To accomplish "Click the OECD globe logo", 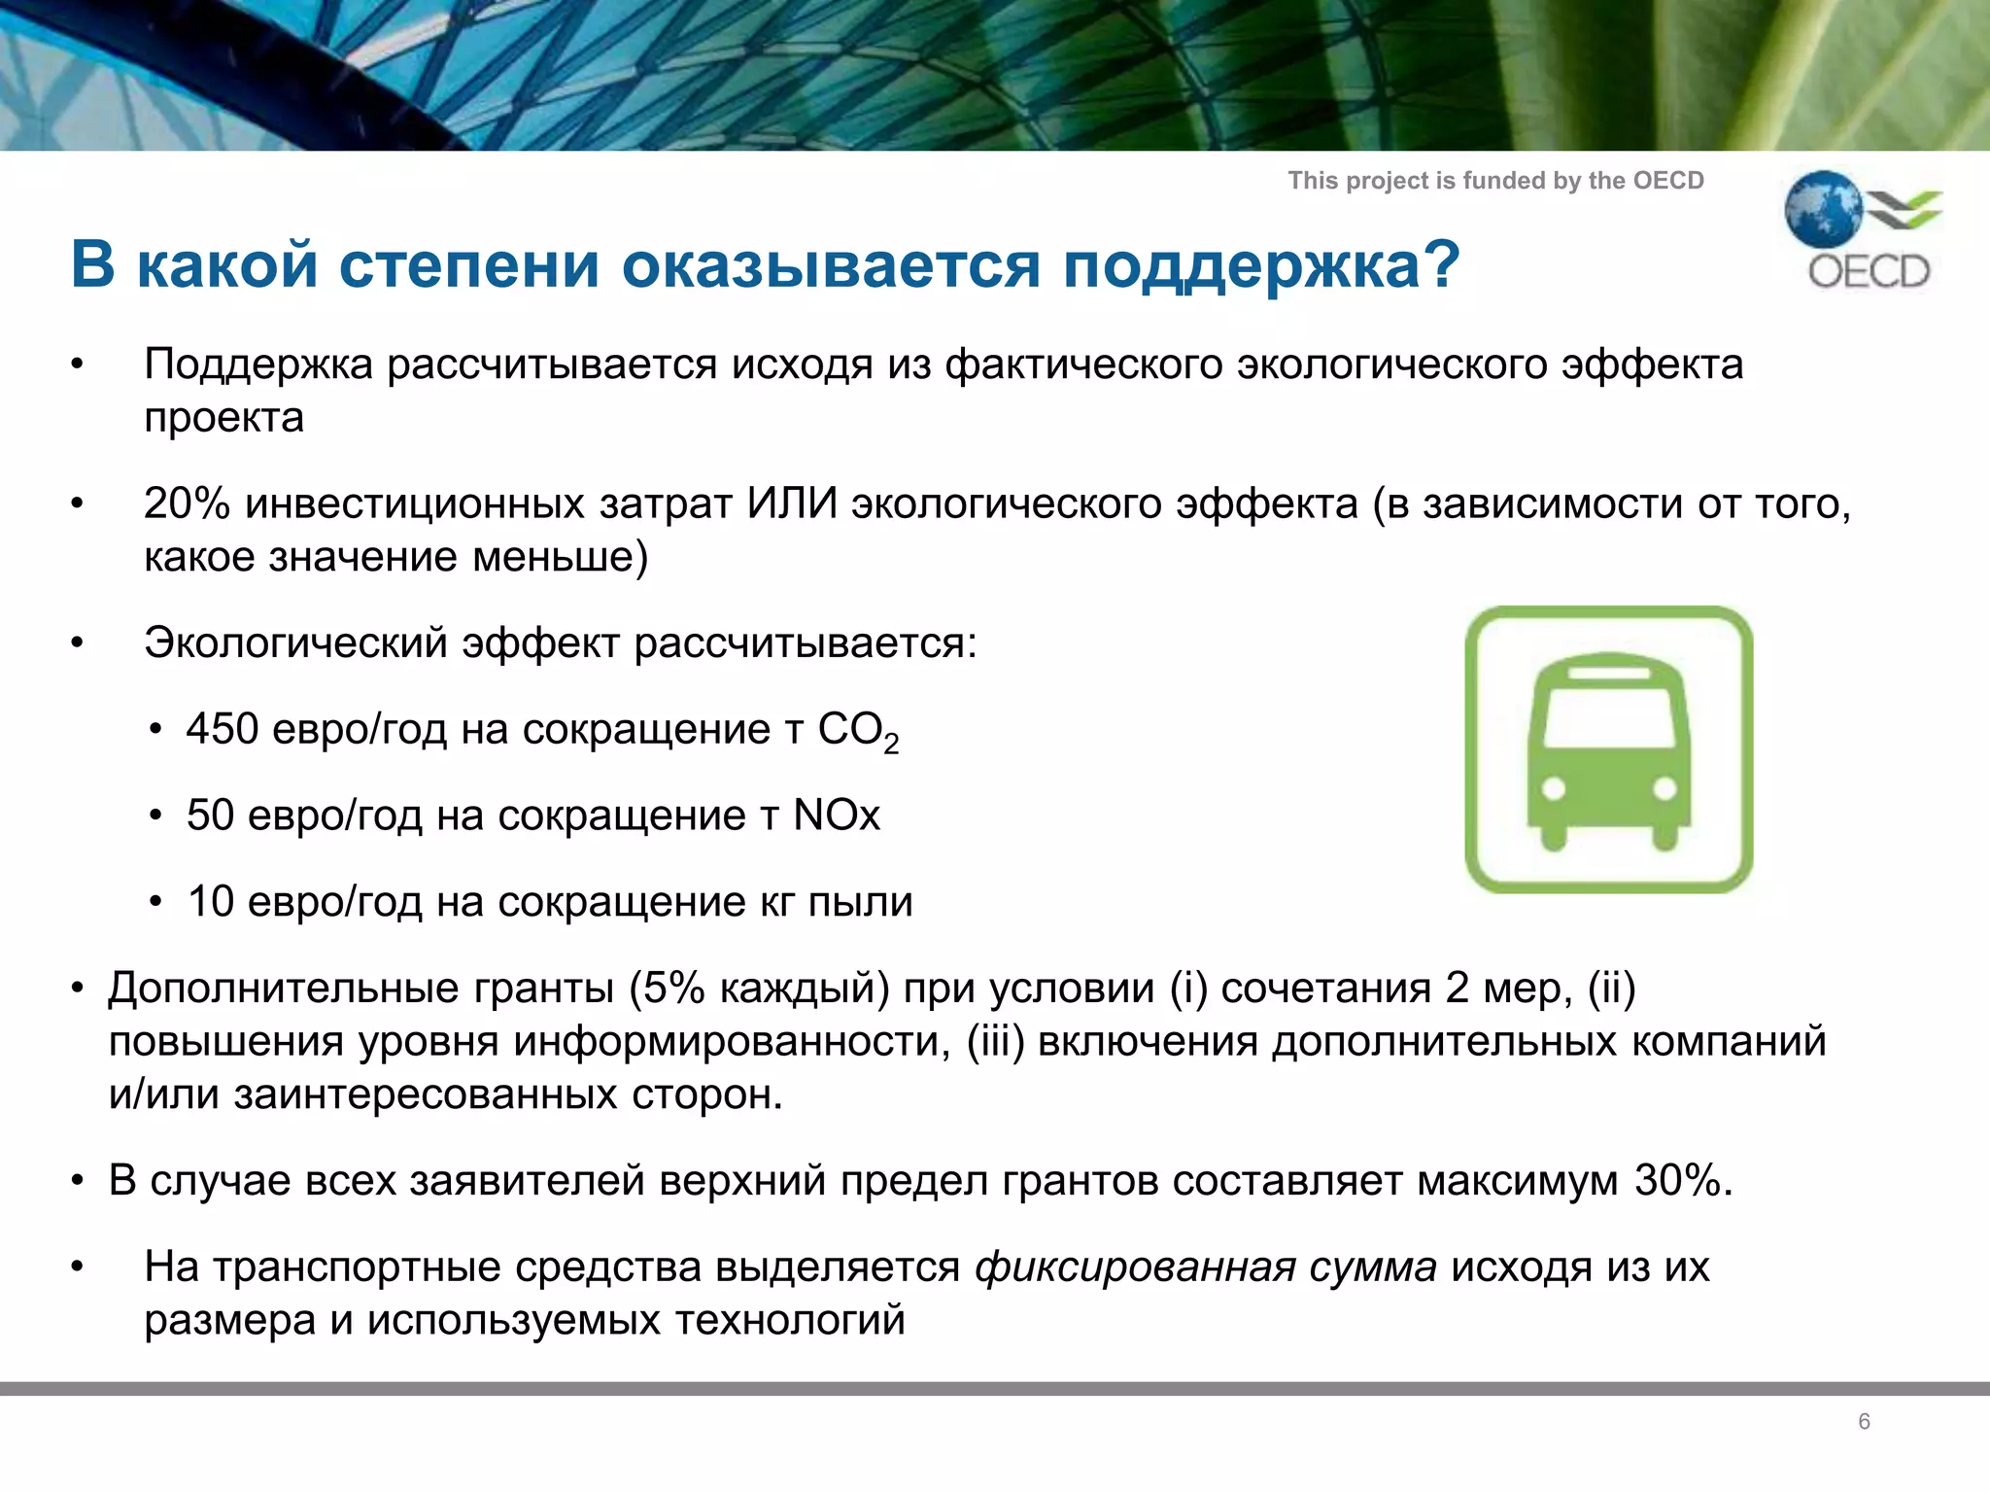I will coord(1823,208).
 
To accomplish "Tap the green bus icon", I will coord(1609,749).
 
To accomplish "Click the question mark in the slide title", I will coord(1436,263).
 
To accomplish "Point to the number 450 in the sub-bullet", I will coord(223,728).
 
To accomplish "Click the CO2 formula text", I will coord(858,731).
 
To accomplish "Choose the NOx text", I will coord(837,815).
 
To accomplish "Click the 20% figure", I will coord(187,503).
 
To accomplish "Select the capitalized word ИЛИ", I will coord(792,503).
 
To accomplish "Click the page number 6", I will coord(1864,1421).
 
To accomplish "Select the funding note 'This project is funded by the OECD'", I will coord(1495,181).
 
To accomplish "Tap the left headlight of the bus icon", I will coord(1554,788).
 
